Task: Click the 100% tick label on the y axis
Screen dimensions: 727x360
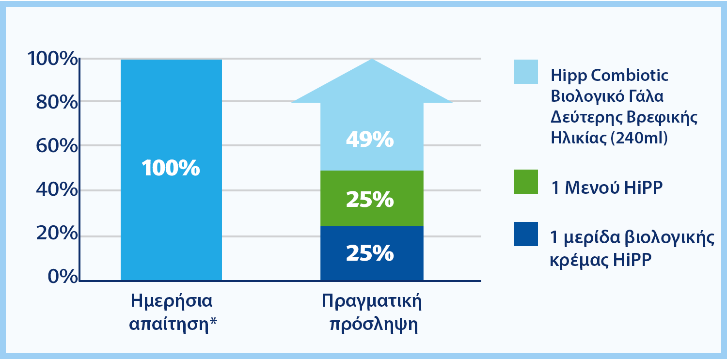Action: (52, 59)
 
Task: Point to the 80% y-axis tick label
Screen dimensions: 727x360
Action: (57, 102)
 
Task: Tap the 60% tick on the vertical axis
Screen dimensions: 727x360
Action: (57, 146)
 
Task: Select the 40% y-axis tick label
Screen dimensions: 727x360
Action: (57, 189)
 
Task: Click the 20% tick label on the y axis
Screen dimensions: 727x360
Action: (57, 233)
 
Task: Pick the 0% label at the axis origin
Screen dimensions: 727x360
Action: (63, 277)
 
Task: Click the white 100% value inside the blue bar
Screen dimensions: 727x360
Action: (171, 168)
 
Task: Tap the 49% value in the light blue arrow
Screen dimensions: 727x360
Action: (370, 140)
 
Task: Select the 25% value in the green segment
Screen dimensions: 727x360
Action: (370, 199)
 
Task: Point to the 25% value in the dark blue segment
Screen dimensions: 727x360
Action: (370, 253)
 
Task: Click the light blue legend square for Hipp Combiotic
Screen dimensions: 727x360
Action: (526, 72)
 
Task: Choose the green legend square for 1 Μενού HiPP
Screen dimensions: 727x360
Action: (526, 182)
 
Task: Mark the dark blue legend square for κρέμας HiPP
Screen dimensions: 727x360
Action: (526, 234)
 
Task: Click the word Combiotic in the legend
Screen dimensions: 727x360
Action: (630, 75)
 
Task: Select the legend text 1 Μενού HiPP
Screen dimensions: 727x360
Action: (607, 188)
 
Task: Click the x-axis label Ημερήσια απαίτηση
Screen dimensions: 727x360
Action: (173, 312)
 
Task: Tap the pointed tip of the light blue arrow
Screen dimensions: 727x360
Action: (372, 59)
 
